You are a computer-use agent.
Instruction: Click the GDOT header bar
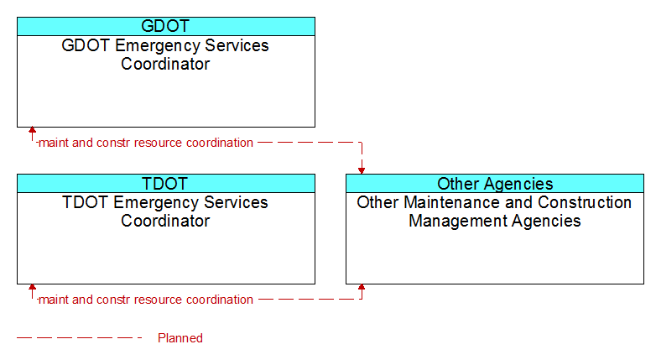[x=166, y=26]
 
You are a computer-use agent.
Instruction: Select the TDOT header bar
[x=166, y=183]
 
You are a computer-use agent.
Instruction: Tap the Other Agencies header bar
[x=495, y=183]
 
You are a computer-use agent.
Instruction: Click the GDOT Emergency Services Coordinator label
[x=165, y=55]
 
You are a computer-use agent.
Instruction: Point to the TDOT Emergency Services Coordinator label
[x=165, y=211]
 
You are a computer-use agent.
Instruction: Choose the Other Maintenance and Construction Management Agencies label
[x=494, y=211]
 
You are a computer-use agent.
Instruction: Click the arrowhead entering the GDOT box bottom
[x=32, y=130]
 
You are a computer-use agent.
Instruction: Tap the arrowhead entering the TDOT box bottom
[x=32, y=287]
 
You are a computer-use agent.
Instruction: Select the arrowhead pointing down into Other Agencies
[x=362, y=171]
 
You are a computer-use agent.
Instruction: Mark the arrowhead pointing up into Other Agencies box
[x=362, y=287]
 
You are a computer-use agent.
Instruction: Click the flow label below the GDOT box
[x=146, y=143]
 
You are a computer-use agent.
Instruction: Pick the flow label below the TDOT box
[x=146, y=300]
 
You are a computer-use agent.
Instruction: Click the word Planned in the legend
[x=180, y=338]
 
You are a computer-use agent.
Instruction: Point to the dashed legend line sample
[x=80, y=338]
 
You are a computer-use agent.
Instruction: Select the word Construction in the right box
[x=585, y=202]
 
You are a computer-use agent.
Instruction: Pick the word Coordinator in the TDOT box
[x=165, y=221]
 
